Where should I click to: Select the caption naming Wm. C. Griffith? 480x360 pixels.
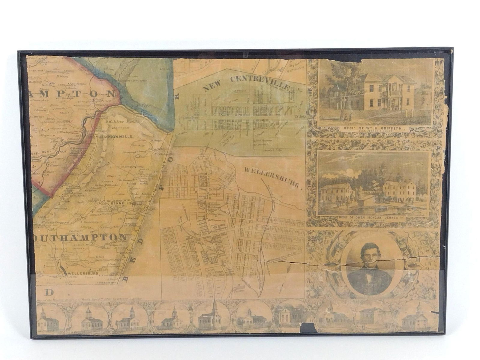click(376, 129)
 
